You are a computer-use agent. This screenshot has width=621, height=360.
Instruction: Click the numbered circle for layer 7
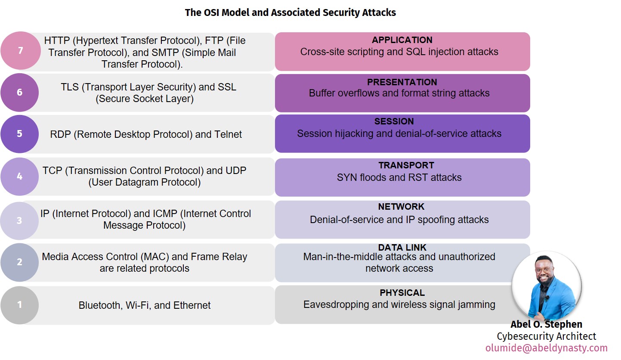click(x=20, y=50)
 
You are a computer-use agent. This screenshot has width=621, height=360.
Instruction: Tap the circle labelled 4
click(x=20, y=177)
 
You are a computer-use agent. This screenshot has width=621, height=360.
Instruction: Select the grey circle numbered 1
click(x=20, y=305)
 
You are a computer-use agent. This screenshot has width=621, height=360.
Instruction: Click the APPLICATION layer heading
click(x=402, y=40)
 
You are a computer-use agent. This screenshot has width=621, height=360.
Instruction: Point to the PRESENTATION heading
click(x=402, y=82)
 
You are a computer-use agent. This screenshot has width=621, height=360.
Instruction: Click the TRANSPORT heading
click(x=400, y=165)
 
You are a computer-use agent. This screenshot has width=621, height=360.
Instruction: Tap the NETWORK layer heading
click(x=401, y=207)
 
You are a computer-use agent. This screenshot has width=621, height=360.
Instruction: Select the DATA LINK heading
click(x=402, y=248)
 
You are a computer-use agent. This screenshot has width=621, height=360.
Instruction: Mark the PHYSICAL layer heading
click(x=402, y=293)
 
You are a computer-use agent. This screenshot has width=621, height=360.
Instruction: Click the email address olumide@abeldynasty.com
click(x=546, y=348)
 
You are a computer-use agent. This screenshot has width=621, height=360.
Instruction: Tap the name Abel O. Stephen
click(x=546, y=324)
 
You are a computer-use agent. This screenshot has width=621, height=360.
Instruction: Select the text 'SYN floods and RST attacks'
click(x=399, y=177)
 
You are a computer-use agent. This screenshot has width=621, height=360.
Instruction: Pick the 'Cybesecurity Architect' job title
click(x=546, y=336)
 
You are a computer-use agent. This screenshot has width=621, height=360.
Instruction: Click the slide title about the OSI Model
click(x=290, y=12)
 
